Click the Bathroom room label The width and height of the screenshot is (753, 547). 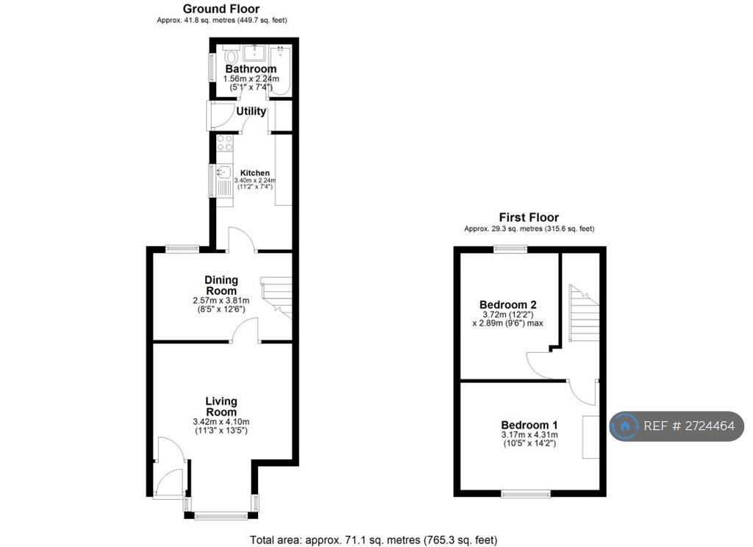coord(251,68)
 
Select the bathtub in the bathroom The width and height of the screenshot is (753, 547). coord(280,70)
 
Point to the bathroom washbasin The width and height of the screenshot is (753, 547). coord(254,53)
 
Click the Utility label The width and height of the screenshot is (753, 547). coord(251,112)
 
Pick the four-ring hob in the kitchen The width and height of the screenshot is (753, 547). coord(224,143)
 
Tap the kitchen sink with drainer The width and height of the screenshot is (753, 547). coord(224,180)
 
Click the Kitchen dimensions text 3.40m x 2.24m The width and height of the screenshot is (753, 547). coord(255,180)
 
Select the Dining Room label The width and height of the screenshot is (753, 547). coord(221,285)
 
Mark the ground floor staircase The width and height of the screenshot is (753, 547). coord(276,298)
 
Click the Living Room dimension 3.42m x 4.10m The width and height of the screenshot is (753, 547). coord(221,422)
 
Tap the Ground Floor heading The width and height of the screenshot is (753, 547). coord(221,9)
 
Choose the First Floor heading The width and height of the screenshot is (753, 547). coord(529,217)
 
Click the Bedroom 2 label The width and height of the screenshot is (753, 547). coord(507,304)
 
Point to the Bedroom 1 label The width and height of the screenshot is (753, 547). coord(529,425)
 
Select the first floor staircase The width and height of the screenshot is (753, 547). coord(585,313)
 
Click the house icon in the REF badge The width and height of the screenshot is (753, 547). coord(625,426)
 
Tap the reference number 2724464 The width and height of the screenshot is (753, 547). coord(709,426)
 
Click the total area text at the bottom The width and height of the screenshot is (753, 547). coord(374,540)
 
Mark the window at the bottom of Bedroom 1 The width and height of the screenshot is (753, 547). coord(526,493)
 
